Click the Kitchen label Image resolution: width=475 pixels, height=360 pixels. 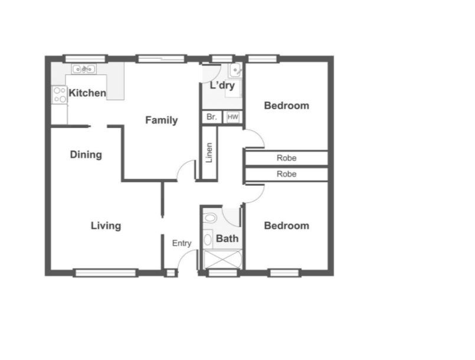click(x=87, y=93)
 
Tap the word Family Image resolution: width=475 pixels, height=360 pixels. click(x=162, y=120)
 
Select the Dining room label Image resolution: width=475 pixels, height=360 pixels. click(x=86, y=155)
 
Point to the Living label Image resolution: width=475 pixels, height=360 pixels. click(x=106, y=226)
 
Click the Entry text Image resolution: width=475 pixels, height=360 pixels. click(x=182, y=243)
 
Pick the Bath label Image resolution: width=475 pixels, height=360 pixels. click(x=227, y=238)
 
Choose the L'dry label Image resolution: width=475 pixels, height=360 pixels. click(x=222, y=86)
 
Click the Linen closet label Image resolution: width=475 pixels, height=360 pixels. click(x=209, y=153)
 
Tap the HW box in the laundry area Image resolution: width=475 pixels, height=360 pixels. click(x=232, y=117)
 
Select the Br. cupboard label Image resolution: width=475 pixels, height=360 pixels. click(x=212, y=117)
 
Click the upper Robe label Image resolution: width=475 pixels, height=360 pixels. click(x=287, y=158)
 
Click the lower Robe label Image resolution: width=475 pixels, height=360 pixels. click(x=287, y=174)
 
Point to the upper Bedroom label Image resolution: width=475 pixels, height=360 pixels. click(x=287, y=106)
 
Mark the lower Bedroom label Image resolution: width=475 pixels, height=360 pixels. click(x=287, y=226)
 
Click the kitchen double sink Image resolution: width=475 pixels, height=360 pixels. click(x=84, y=69)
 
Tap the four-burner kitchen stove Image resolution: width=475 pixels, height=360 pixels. click(x=60, y=95)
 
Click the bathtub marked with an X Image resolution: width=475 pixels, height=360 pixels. click(x=222, y=260)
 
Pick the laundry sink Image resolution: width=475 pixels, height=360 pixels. click(x=235, y=71)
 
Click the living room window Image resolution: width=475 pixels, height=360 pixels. click(x=106, y=273)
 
